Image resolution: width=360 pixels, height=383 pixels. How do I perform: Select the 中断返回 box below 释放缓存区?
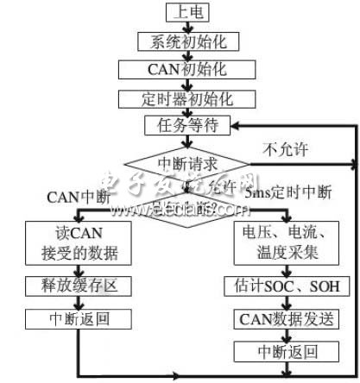pyautogui.click(x=77, y=318)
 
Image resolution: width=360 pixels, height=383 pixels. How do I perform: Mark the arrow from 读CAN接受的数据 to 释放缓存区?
pyautogui.click(x=77, y=268)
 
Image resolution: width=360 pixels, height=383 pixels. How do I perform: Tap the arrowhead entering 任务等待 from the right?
pyautogui.click(x=237, y=126)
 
